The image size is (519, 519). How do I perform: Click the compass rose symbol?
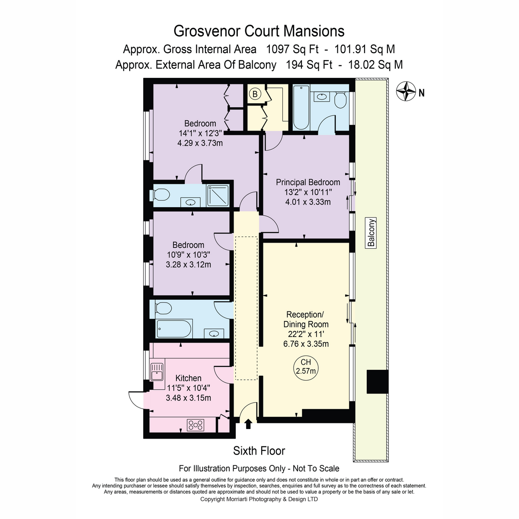pos(406,91)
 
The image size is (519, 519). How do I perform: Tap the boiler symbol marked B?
pos(255,94)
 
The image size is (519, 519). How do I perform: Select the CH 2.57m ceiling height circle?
pos(306,368)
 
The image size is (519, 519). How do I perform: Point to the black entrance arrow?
pos(248,424)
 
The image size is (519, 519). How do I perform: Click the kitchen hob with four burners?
pos(195,425)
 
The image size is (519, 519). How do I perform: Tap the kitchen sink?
pos(157,372)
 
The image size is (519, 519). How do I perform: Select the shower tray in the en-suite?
pos(218,195)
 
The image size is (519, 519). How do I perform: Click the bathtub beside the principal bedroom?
pos(301,107)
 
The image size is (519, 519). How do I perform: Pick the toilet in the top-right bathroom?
pos(340,99)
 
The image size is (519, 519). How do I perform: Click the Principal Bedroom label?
pos(308,183)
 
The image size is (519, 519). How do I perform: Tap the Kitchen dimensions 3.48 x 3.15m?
pos(188,398)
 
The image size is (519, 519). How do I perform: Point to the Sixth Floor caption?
pos(259,451)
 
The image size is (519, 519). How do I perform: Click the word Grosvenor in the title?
pos(207,31)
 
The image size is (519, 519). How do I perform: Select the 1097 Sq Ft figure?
pos(292,49)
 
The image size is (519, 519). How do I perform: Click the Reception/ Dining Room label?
pos(306,319)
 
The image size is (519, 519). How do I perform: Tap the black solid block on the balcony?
pos(377,381)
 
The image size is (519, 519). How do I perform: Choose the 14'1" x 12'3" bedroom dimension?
pos(200,133)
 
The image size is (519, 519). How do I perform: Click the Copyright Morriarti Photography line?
pos(259,499)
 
